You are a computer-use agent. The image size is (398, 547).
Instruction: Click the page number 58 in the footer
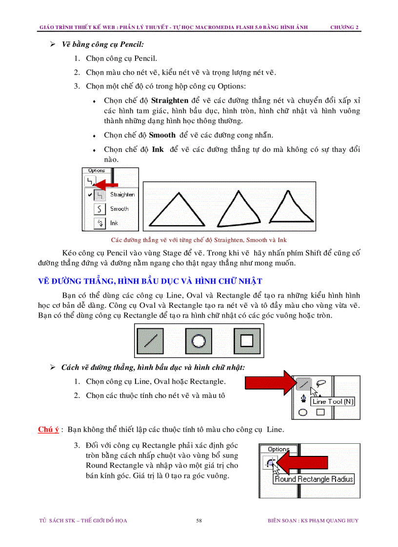[x=199, y=520]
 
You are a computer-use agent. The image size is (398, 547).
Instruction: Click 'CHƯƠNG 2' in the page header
[x=344, y=27]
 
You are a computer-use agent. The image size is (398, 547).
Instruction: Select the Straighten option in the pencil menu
[x=121, y=194]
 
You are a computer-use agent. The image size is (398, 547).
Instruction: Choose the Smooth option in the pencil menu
[x=119, y=208]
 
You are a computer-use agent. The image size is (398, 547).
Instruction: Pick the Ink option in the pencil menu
[x=114, y=223]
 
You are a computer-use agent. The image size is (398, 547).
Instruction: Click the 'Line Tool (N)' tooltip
[x=333, y=401]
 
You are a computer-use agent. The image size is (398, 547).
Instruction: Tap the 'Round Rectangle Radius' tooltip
[x=314, y=479]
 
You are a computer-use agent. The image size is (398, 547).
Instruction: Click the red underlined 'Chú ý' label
[x=48, y=430]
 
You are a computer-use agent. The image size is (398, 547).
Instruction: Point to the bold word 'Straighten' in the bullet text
[x=169, y=101]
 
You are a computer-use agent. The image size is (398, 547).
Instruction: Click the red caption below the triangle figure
[x=199, y=240]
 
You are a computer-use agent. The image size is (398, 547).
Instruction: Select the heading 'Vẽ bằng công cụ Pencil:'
[x=102, y=44]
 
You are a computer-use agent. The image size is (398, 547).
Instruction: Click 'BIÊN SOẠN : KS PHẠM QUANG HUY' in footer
[x=313, y=520]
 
